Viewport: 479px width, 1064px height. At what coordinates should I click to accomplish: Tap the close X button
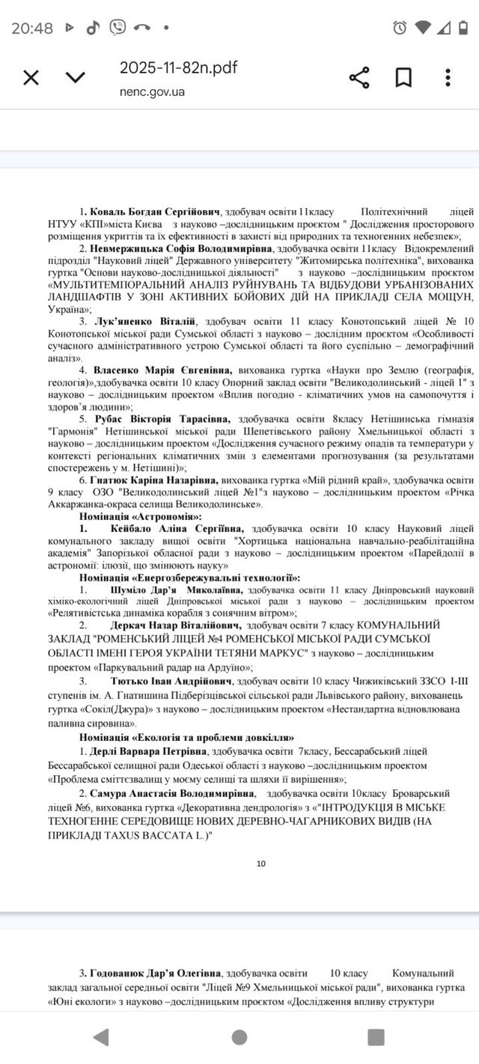click(31, 78)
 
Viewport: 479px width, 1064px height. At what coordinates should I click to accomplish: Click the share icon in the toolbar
click(359, 78)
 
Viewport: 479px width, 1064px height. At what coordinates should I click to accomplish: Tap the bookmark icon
click(403, 78)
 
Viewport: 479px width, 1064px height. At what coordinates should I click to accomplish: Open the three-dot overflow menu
click(448, 78)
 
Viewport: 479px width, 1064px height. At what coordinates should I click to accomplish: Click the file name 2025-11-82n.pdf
click(178, 68)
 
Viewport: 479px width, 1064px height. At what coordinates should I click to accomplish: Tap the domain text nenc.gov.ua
click(151, 92)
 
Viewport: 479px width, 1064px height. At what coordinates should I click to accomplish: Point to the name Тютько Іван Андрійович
click(170, 682)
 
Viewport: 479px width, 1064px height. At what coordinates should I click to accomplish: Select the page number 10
click(261, 863)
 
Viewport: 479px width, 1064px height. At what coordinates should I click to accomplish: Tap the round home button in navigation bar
click(239, 1037)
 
